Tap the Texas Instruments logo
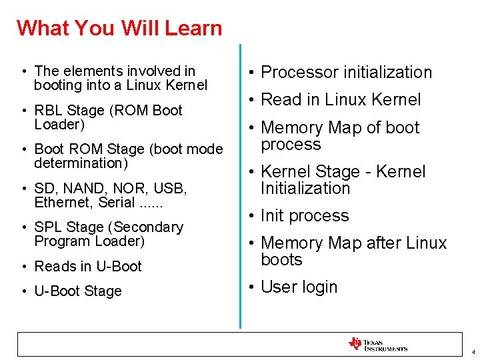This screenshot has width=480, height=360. (x=377, y=344)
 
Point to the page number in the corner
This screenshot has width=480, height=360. (x=472, y=351)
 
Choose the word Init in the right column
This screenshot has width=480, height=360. (x=273, y=215)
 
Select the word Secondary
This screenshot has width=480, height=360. (x=151, y=227)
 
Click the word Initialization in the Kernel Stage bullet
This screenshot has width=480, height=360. (x=305, y=188)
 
